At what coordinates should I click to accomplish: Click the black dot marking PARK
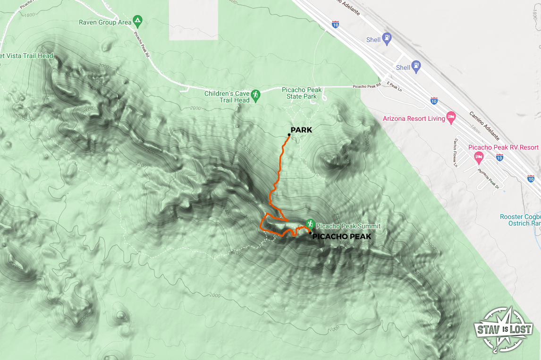(x=289, y=135)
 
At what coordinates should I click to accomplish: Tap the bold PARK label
(x=301, y=130)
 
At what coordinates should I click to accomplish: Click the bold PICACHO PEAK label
(x=342, y=236)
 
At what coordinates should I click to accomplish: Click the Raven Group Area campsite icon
(x=137, y=21)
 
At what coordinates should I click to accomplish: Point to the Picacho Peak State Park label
(x=302, y=93)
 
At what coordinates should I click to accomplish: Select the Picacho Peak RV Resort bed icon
(x=479, y=156)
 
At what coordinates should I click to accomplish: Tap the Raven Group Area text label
(x=105, y=22)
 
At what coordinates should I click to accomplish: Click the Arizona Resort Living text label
(x=414, y=118)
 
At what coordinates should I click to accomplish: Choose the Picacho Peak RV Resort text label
(x=503, y=147)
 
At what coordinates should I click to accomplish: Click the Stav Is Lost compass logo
(x=503, y=330)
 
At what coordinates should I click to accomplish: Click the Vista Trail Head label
(x=26, y=56)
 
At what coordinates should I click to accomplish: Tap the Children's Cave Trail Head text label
(x=227, y=97)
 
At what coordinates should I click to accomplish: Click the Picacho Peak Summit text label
(x=348, y=226)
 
